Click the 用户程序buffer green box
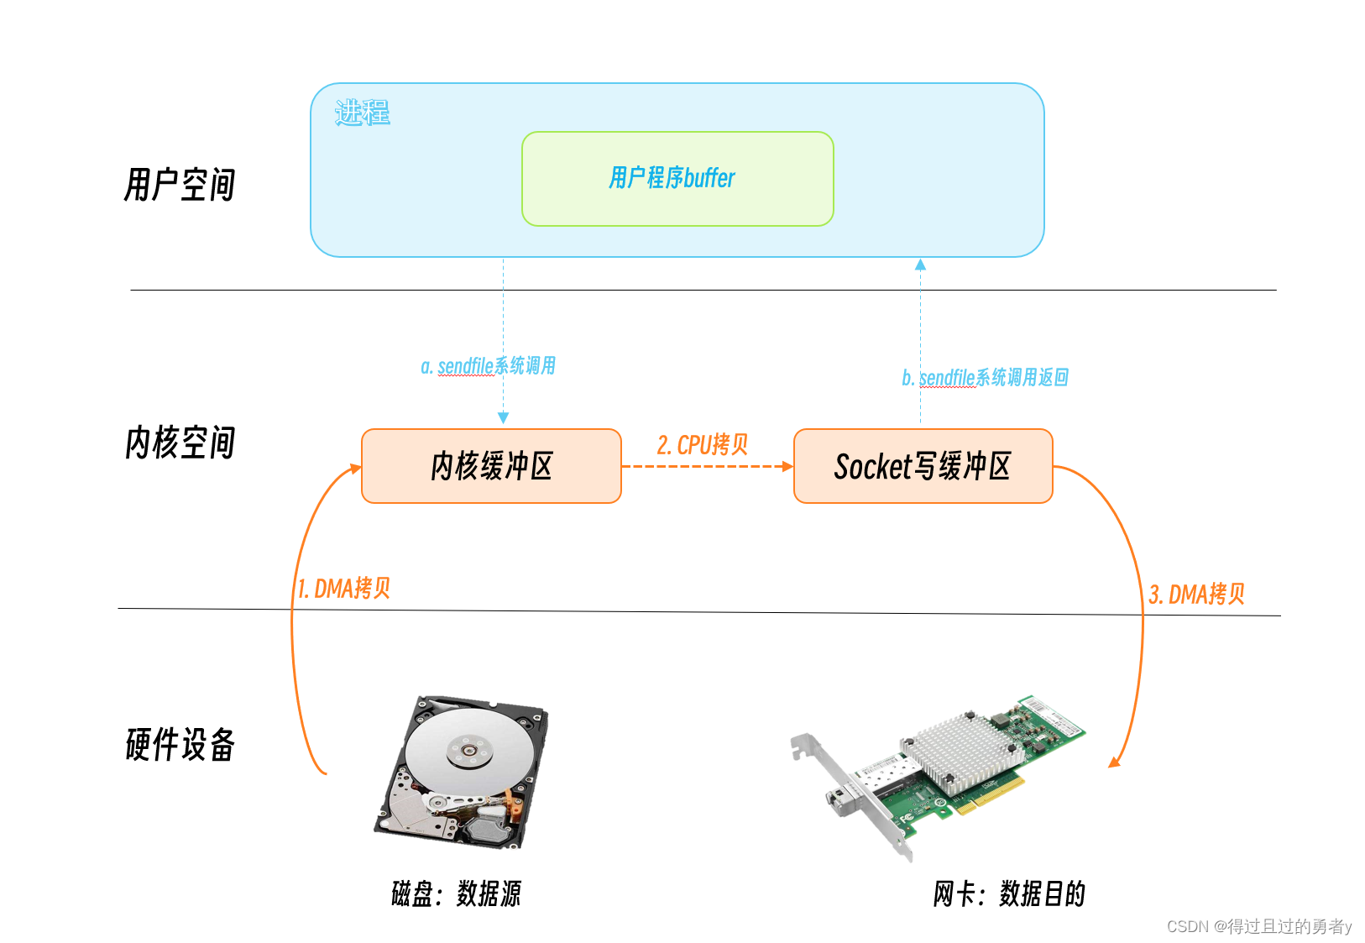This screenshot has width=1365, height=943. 677,178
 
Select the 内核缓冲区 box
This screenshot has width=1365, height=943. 491,466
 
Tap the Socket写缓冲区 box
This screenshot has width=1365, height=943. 923,466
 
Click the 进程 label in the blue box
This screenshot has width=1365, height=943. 362,112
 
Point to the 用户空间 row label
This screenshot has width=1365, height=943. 179,185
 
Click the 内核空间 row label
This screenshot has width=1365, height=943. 179,443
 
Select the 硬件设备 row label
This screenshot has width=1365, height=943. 179,744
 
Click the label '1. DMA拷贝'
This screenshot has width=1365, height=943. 344,588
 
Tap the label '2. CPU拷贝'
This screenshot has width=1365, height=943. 702,444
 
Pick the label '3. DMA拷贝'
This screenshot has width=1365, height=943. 1196,594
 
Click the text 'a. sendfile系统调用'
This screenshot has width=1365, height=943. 488,366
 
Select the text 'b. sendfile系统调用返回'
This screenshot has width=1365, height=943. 985,378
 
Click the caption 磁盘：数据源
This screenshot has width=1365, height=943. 456,893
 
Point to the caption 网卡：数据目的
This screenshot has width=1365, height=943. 1008,893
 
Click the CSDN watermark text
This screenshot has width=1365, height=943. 1258,926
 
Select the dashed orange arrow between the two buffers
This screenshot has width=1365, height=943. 707,466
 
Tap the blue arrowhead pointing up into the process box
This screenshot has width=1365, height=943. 920,265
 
